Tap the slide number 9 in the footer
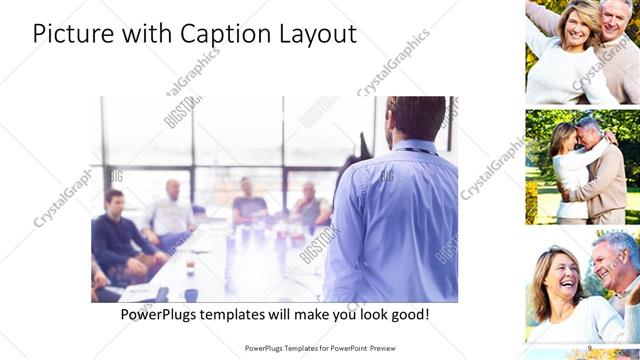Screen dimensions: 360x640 point(589,348)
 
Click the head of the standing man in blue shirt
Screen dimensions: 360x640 point(414,118)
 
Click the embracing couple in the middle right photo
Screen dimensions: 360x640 point(590,165)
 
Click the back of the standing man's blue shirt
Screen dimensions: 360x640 point(396,220)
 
